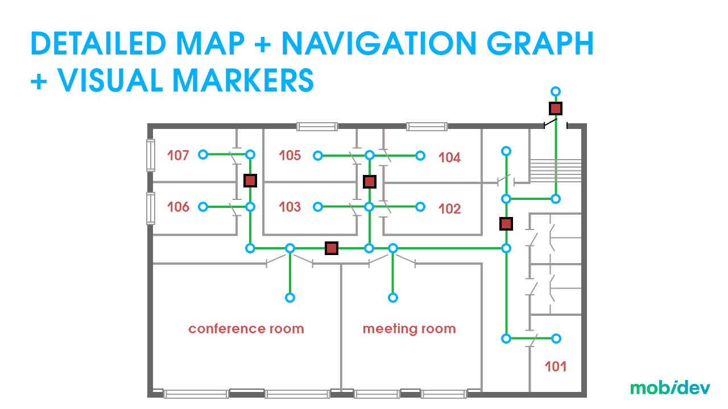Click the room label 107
pos(178,155)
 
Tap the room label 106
pos(178,207)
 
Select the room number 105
pos(290,155)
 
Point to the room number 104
pos(449,157)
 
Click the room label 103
pos(290,207)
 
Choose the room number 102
pos(449,209)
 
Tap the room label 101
pos(556,366)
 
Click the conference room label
pos(246,329)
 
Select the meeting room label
pos(409,329)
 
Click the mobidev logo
pos(669,388)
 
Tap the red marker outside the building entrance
pos(556,108)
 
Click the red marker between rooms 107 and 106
pos(250,181)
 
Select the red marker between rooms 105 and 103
pos(370,181)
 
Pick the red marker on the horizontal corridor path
pos(332,248)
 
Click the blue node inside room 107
pos(203,155)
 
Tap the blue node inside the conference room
pos(290,297)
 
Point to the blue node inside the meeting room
pos(392,297)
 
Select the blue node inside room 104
pos(420,155)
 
